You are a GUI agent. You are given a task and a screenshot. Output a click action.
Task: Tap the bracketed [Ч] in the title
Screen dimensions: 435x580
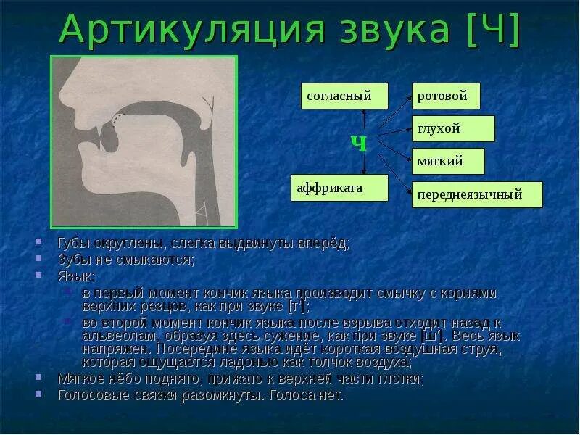coord(494,31)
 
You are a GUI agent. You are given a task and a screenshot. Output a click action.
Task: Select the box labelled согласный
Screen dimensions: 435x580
coord(344,96)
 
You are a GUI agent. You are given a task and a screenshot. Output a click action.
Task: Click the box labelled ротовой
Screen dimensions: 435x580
coord(446,96)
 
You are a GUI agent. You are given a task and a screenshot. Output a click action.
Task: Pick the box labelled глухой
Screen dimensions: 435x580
coord(453,128)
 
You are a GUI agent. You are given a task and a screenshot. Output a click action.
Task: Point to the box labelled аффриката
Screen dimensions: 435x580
coord(339,188)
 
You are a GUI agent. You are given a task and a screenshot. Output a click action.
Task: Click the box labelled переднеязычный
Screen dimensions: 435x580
coord(477,194)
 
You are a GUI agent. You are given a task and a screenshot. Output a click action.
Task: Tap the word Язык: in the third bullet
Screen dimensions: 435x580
coord(76,276)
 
